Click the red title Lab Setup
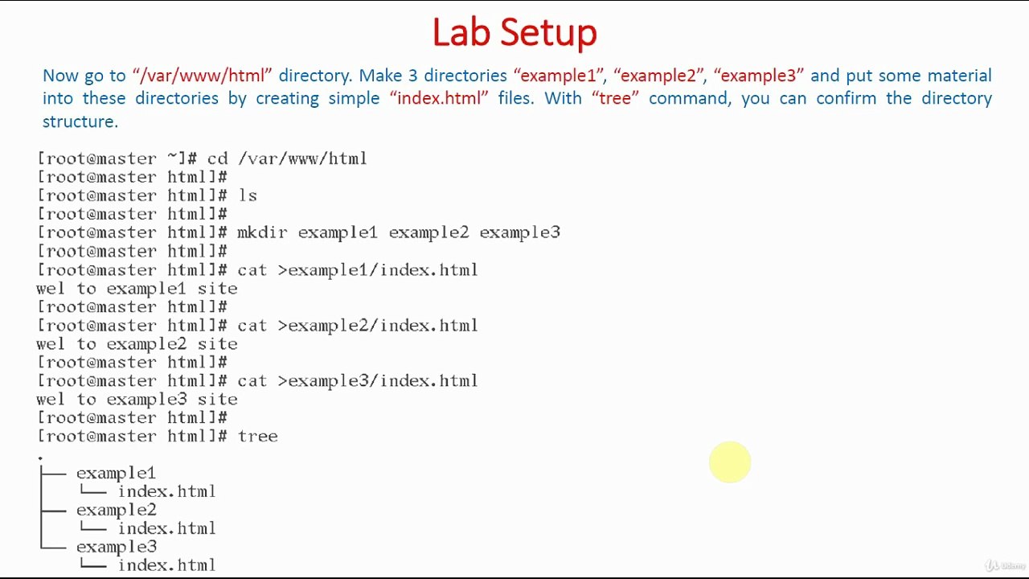514,33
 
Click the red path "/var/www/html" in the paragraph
202,76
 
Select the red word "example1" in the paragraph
558,76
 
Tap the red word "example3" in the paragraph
758,76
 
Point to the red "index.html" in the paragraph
439,98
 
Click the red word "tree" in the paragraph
615,98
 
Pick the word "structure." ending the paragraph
80,121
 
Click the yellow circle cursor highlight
730,462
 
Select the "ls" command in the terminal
248,195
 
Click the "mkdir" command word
262,232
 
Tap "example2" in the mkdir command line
429,233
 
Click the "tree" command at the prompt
258,436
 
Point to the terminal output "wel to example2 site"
137,345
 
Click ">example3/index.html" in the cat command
378,381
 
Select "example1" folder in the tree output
117,474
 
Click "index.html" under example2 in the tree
166,528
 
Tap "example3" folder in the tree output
117,547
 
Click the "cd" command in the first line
217,159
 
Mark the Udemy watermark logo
1004,565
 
